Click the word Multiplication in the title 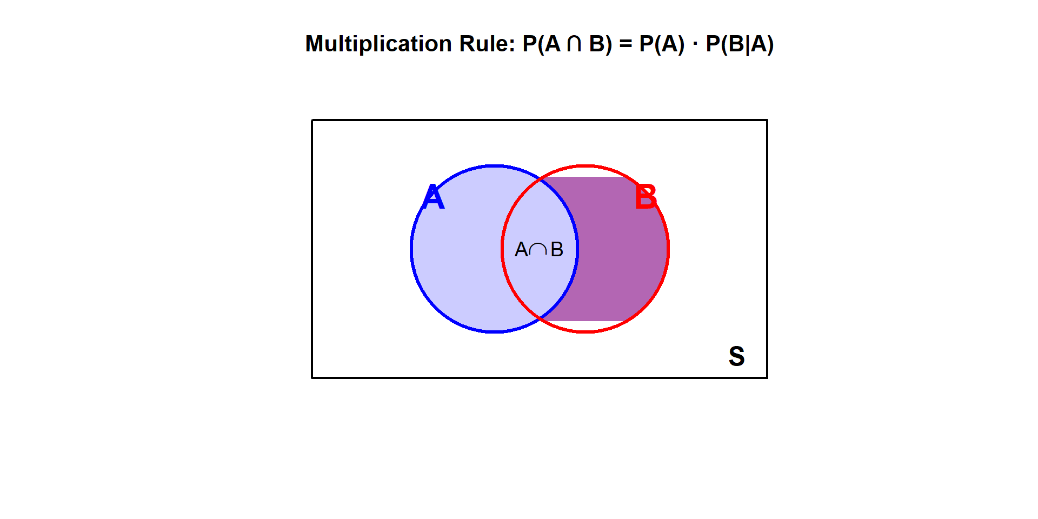click(x=378, y=44)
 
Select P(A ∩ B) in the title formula click(x=567, y=44)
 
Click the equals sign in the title click(x=626, y=44)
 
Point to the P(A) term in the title click(x=662, y=44)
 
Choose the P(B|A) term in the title click(x=740, y=44)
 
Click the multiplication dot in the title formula click(x=695, y=44)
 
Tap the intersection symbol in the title click(x=574, y=44)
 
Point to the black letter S click(x=736, y=356)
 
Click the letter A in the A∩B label click(x=521, y=250)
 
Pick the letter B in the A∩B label click(x=557, y=250)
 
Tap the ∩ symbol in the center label click(x=538, y=250)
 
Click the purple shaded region click(x=622, y=249)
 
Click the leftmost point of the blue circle click(x=411, y=249)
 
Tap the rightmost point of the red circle click(x=669, y=249)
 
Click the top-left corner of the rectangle click(x=312, y=120)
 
